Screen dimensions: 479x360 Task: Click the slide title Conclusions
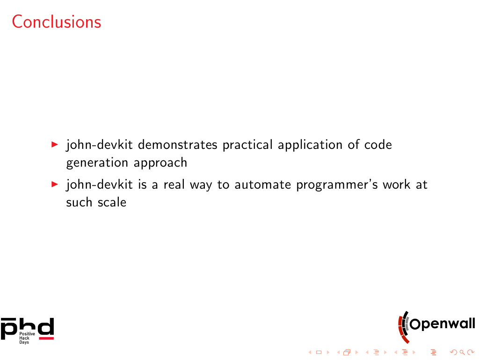coord(57,22)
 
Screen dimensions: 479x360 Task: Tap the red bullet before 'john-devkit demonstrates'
coord(55,144)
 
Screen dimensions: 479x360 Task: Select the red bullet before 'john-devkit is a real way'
coord(55,184)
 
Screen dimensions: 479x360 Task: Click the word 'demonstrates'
coord(177,145)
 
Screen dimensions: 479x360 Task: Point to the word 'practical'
coord(247,145)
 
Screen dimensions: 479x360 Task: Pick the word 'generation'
coord(97,163)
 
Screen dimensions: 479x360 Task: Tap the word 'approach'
coord(160,163)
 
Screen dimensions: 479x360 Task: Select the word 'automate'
coord(263,184)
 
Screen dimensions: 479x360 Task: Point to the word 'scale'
coord(112,202)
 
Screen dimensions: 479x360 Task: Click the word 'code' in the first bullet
coord(378,145)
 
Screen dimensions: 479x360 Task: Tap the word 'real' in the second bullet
coord(174,184)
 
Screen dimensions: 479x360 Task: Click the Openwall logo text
coord(443,324)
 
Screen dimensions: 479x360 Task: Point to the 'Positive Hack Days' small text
coord(27,338)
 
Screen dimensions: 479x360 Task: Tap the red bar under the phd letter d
coord(46,338)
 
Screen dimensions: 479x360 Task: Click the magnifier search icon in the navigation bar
coord(462,353)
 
